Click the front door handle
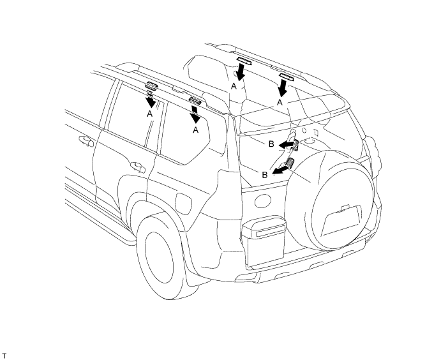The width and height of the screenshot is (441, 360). (86, 141)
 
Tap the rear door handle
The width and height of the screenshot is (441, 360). (138, 167)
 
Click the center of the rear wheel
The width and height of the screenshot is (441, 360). (160, 258)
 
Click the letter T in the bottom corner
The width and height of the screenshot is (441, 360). (4, 356)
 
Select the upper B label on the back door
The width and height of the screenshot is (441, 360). (271, 144)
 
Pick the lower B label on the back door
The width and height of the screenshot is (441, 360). (265, 175)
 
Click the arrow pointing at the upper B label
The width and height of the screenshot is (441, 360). (286, 144)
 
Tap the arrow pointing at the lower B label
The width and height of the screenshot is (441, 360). (280, 170)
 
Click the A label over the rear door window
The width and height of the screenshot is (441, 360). (149, 114)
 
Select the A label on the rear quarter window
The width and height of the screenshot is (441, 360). (196, 130)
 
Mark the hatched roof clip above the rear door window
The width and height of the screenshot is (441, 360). (151, 86)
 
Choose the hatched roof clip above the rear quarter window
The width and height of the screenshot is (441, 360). (195, 100)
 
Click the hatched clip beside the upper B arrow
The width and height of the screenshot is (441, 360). (296, 145)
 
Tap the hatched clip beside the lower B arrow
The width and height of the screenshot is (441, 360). (290, 163)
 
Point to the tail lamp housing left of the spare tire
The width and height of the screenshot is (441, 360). (264, 241)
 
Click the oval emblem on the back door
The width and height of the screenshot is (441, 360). (263, 201)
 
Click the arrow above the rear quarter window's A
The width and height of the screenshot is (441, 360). (195, 114)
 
